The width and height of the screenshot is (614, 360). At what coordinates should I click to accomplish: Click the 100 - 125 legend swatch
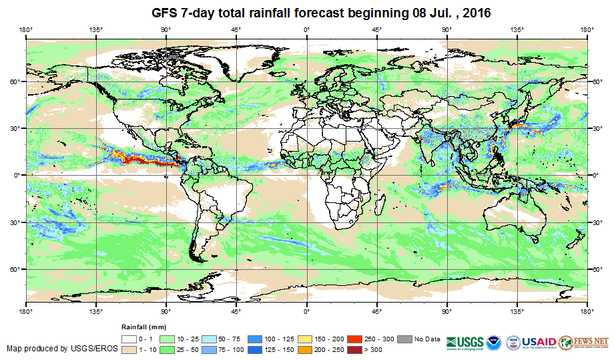click(256, 339)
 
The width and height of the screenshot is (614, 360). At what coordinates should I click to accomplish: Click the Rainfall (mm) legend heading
click(143, 328)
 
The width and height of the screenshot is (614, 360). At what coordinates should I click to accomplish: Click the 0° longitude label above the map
click(306, 29)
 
